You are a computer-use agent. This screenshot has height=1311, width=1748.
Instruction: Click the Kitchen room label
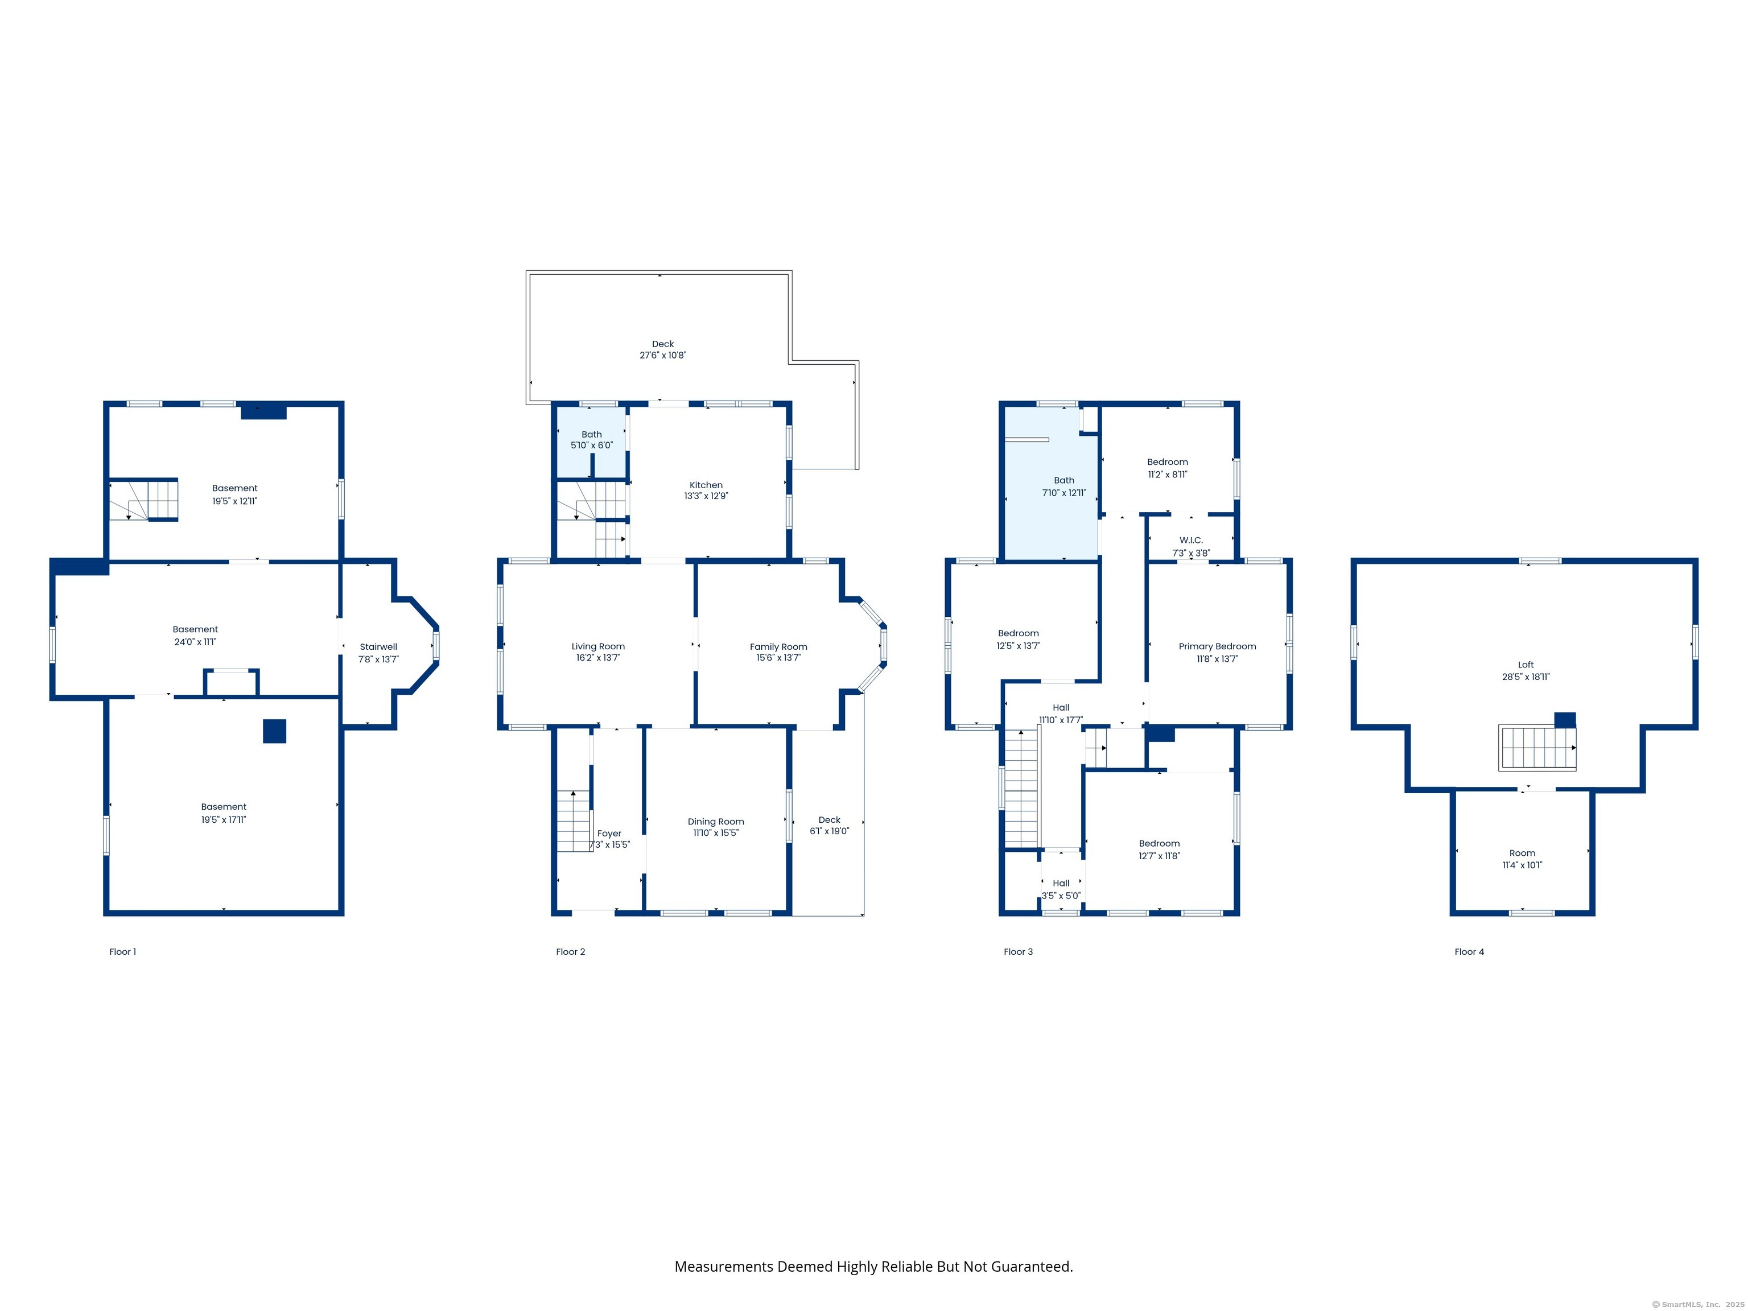[706, 485]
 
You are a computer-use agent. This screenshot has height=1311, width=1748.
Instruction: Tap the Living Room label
[598, 646]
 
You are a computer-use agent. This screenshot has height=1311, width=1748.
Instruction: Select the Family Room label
[778, 646]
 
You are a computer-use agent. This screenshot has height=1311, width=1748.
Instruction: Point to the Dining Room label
[716, 822]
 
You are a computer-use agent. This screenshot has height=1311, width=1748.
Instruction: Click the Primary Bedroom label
[1217, 646]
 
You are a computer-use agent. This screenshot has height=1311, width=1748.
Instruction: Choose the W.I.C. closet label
[1191, 541]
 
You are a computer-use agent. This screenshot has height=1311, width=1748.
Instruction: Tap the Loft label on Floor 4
[1526, 665]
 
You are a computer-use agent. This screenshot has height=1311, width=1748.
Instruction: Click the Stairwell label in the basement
[378, 646]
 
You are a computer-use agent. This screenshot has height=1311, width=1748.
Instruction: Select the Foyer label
[609, 833]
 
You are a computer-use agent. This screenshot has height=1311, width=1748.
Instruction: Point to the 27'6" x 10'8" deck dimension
[663, 356]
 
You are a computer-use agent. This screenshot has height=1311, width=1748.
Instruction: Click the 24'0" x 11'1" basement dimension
[195, 642]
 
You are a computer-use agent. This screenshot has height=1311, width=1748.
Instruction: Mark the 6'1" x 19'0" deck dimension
[830, 831]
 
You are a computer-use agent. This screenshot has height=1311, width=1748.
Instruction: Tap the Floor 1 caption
[122, 951]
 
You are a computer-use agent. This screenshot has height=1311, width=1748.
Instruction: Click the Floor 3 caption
[1018, 951]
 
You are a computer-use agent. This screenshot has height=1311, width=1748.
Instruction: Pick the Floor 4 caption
[1469, 951]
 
